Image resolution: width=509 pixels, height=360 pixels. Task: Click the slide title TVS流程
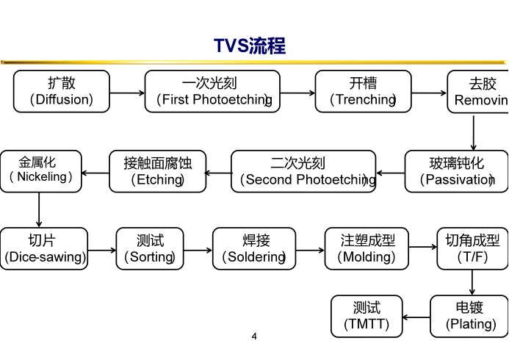pos(250,46)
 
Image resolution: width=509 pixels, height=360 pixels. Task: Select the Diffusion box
pos(62,92)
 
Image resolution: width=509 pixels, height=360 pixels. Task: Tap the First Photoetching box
pos(212,92)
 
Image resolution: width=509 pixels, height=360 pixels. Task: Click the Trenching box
pos(363,92)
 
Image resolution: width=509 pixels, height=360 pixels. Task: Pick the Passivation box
pos(455,171)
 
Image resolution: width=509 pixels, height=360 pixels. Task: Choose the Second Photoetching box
pos(303,171)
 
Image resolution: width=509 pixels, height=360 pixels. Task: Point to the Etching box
pos(157,171)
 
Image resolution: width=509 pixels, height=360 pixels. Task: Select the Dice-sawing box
pos(44,249)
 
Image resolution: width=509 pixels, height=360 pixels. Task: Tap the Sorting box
pos(150,249)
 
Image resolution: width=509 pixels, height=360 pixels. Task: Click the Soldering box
pos(254,249)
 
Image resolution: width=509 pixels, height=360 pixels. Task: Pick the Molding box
pos(367,249)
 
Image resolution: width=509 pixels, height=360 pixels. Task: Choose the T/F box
pos(472,249)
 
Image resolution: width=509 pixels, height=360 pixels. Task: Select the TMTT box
pos(367,317)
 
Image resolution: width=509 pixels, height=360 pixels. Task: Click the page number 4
pos(254,337)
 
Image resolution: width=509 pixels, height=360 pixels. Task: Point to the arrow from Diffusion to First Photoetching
pos(127,93)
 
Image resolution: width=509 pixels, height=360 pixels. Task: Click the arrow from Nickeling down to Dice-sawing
pos(39,210)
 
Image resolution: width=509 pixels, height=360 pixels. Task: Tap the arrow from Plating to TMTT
pos(416,317)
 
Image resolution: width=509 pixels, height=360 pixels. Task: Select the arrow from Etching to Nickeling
pos(95,173)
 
